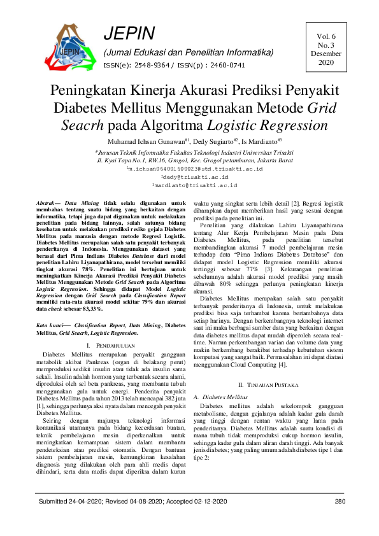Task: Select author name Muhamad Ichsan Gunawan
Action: click(148, 142)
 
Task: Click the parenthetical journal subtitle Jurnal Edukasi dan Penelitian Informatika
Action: click(189, 52)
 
